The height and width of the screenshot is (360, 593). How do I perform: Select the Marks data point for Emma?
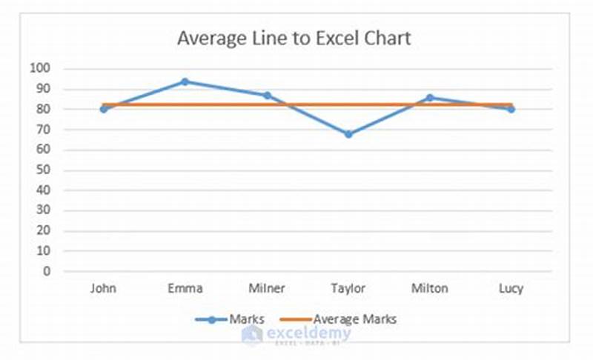click(x=185, y=81)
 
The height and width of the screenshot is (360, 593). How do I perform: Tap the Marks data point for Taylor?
click(x=348, y=134)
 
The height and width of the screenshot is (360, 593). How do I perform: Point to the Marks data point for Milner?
click(x=267, y=96)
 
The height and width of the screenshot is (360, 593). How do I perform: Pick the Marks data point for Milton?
click(x=429, y=98)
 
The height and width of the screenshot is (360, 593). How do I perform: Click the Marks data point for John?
click(x=104, y=109)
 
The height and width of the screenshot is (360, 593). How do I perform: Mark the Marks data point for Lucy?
click(x=511, y=109)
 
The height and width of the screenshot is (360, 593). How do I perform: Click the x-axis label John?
click(x=104, y=288)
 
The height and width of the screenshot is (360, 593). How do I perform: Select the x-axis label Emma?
click(x=185, y=288)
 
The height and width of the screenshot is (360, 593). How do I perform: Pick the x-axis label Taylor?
click(x=348, y=288)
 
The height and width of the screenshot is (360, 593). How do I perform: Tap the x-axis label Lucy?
click(x=511, y=288)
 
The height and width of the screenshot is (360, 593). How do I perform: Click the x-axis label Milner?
click(x=267, y=288)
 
